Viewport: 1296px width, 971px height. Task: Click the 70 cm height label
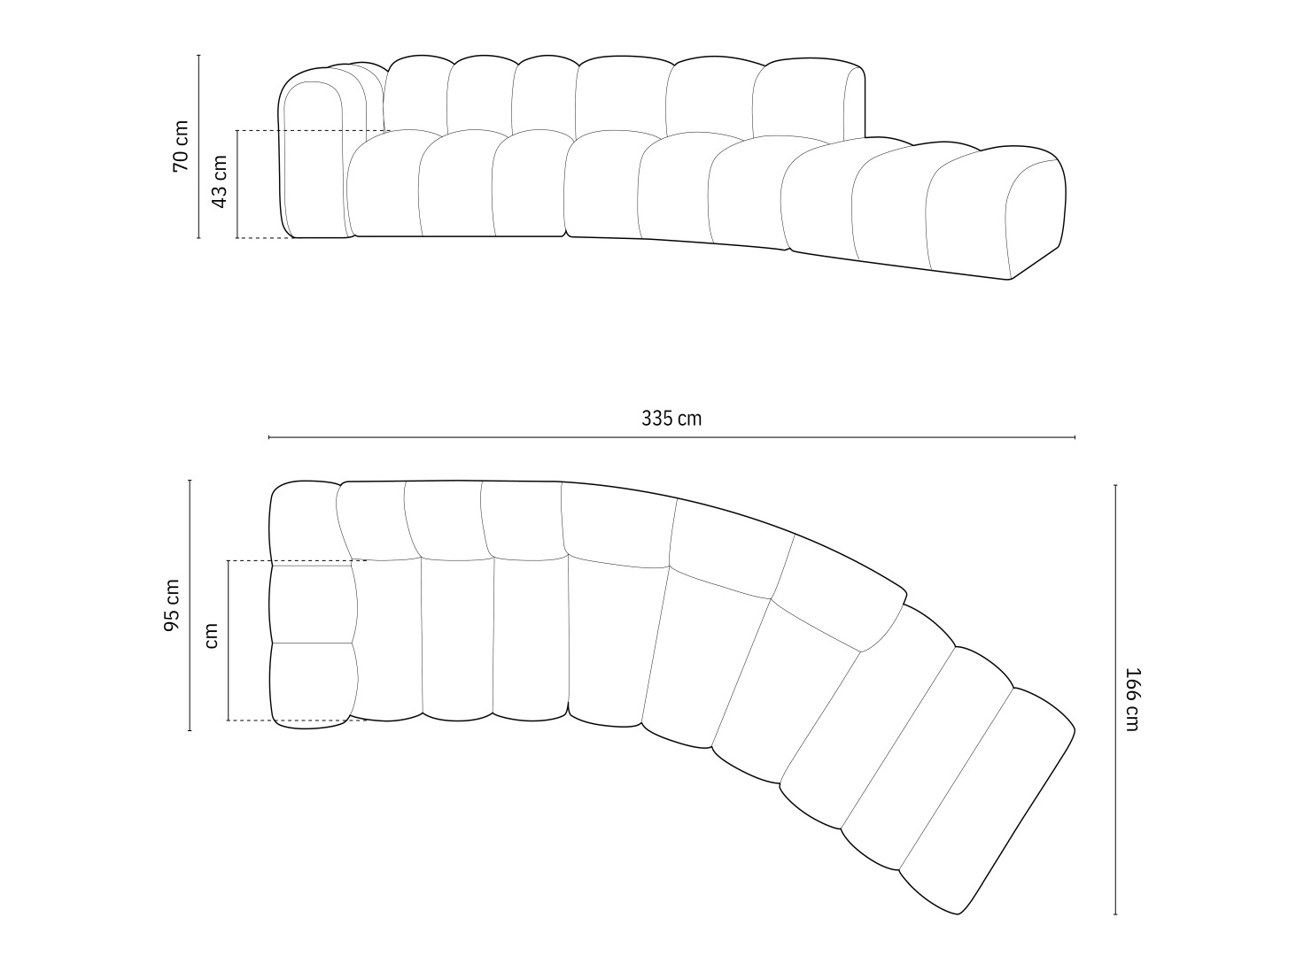[x=181, y=146]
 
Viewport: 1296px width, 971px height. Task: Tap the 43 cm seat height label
[x=220, y=181]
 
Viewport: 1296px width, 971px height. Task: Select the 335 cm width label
[x=671, y=419]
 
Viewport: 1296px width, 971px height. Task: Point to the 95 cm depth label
[x=172, y=606]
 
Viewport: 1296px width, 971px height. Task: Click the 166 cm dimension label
[x=1131, y=699]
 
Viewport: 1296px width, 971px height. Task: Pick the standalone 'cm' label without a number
[x=211, y=636]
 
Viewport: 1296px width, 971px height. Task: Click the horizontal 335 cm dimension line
[x=671, y=437]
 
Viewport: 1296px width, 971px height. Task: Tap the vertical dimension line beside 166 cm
[x=1115, y=699]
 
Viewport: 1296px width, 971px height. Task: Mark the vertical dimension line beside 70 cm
[x=198, y=146]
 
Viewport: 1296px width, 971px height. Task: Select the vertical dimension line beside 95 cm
[x=190, y=605]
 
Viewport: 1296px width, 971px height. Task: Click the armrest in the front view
[x=312, y=159]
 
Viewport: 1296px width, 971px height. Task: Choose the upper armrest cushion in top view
[x=312, y=604]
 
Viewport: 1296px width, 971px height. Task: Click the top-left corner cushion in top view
[x=303, y=522]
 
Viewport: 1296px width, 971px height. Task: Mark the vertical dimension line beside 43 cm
[x=237, y=184]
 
